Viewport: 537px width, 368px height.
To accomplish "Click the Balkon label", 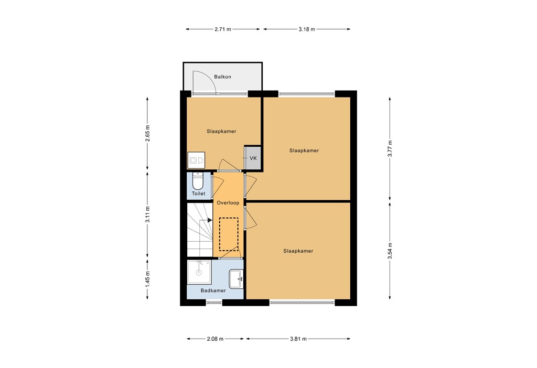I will tap(222, 77).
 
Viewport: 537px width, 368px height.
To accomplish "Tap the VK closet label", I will tap(253, 158).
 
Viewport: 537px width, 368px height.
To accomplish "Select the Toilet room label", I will tap(198, 193).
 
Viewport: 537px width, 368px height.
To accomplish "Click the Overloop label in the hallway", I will tap(228, 202).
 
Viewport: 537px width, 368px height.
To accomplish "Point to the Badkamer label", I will tap(213, 290).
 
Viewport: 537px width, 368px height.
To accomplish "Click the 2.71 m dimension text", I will tap(223, 29).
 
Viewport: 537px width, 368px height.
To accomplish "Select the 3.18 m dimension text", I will tap(307, 29).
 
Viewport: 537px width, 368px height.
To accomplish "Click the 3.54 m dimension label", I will tap(390, 250).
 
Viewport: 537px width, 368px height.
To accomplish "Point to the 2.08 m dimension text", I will tap(215, 339).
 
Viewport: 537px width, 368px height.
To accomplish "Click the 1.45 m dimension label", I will tap(148, 278).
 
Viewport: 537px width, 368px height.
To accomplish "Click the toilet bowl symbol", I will tap(198, 181).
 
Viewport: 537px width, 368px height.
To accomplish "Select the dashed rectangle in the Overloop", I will tap(229, 235).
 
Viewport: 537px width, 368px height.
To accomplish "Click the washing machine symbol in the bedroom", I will tap(196, 159).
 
